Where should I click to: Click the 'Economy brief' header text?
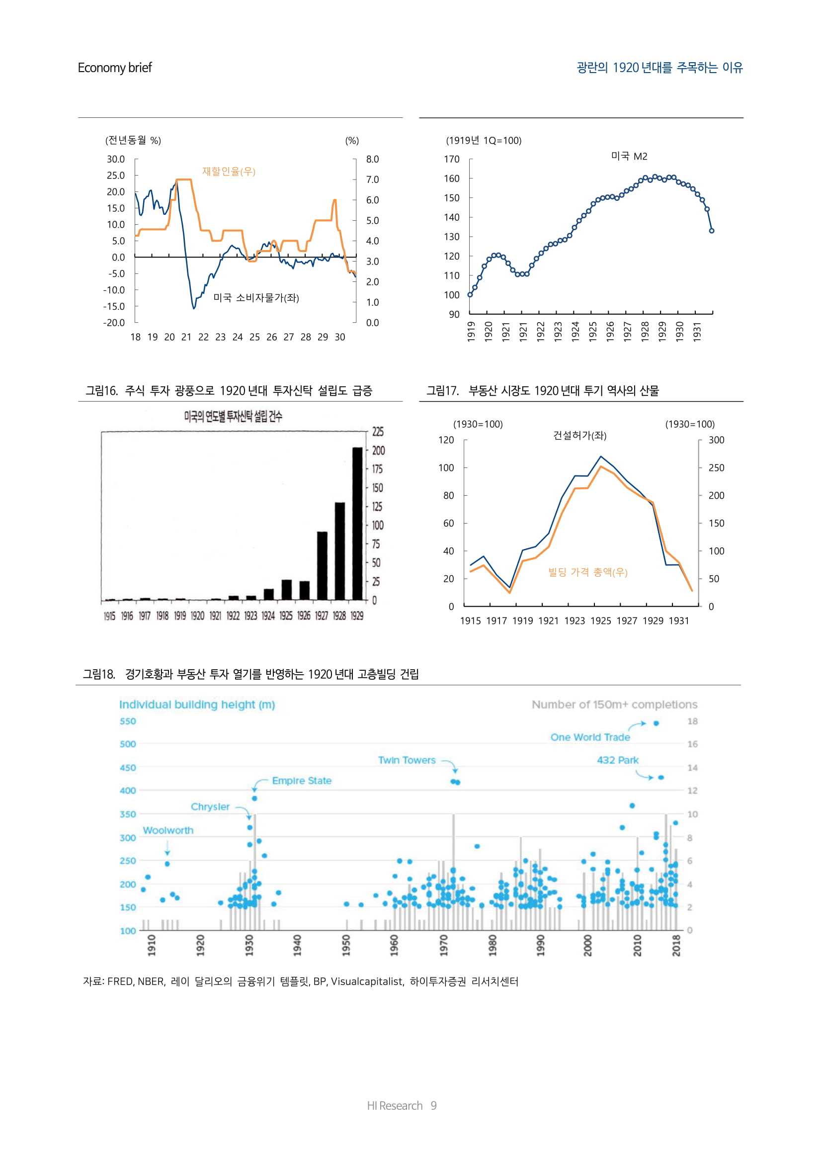114,68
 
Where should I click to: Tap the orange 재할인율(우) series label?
229,171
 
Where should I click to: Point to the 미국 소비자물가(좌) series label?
256,298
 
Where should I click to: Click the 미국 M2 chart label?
629,156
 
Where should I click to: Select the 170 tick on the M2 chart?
451,159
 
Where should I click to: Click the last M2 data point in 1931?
712,231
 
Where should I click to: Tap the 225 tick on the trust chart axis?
378,432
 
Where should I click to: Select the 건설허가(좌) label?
579,436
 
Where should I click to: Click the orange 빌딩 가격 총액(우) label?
587,572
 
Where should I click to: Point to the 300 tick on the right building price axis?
716,440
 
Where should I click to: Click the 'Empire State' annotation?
302,781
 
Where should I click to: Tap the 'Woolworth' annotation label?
168,830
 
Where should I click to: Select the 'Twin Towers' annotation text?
407,760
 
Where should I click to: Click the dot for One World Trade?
656,723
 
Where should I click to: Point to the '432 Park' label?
618,760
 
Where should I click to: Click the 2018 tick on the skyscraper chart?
676,945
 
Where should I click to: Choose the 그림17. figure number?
442,390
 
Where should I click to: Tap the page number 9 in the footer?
433,1105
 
